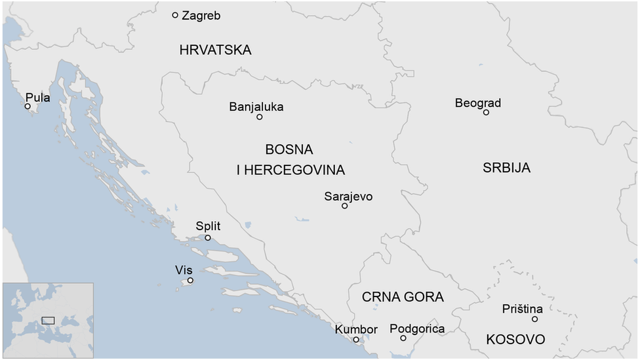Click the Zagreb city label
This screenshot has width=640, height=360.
[x=201, y=16]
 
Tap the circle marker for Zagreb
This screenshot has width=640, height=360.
[x=175, y=15]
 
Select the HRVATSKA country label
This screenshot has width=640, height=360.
[x=215, y=50]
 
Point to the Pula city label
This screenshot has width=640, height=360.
[x=37, y=98]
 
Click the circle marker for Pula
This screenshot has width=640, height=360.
[x=28, y=106]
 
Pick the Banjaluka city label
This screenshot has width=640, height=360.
[x=256, y=106]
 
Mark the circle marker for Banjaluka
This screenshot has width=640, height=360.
[x=260, y=117]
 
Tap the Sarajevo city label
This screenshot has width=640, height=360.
[x=348, y=196]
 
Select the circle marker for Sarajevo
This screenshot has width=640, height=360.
[x=345, y=206]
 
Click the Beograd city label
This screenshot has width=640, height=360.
[x=478, y=103]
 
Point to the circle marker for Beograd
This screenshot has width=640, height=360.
[x=486, y=112]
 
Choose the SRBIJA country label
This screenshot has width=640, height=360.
[x=507, y=168]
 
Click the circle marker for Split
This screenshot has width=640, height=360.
[x=208, y=237]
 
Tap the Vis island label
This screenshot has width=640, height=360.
[x=184, y=270]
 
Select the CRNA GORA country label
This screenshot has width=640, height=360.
[x=403, y=297]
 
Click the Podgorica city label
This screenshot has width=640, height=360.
[x=417, y=329]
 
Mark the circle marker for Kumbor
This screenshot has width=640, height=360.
[x=356, y=340]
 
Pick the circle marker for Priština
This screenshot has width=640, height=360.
[x=534, y=319]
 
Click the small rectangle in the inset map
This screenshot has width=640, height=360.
[x=48, y=320]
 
